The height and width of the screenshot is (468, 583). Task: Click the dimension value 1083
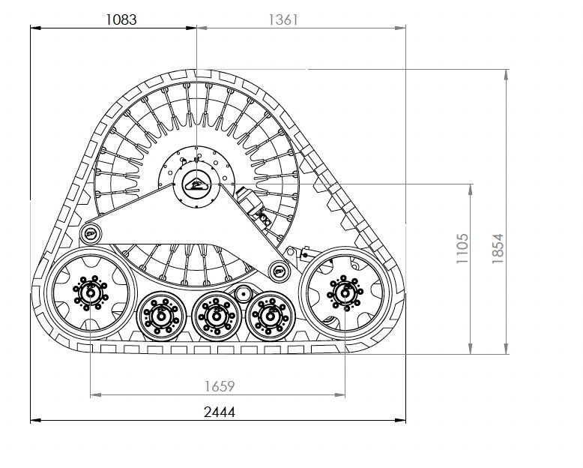point(121,19)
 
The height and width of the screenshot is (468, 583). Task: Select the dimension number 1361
point(283,19)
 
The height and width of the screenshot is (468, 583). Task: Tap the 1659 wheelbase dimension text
point(220,386)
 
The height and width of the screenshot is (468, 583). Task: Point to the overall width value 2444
point(220,412)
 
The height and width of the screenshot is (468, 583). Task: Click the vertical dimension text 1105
point(462,248)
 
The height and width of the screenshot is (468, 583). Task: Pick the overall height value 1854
point(497,248)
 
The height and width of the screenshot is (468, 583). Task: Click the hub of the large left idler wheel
point(91,292)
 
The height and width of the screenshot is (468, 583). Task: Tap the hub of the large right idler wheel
point(345,293)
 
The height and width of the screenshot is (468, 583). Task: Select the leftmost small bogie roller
point(161,316)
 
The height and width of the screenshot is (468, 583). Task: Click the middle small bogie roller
point(216,316)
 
